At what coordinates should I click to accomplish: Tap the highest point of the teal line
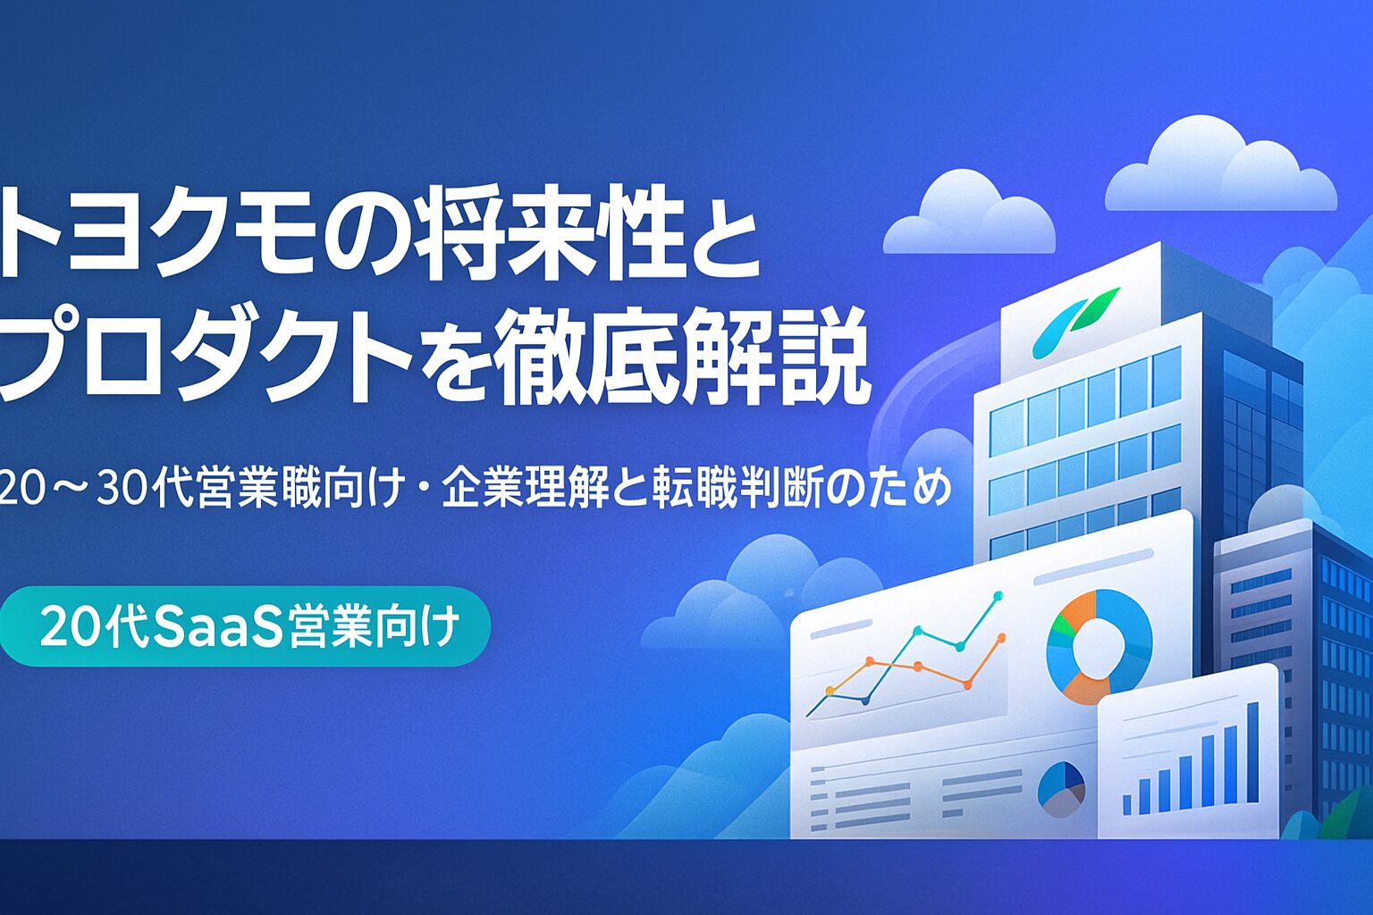click(998, 595)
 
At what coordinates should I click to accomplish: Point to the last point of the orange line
click(1002, 638)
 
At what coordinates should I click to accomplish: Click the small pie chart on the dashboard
click(1062, 789)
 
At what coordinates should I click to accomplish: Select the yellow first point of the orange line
click(830, 691)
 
